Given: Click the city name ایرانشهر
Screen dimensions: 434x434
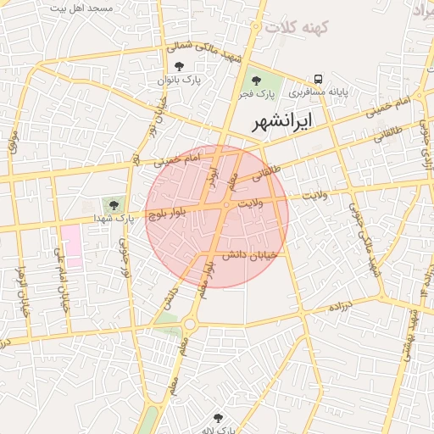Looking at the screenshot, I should (283, 122).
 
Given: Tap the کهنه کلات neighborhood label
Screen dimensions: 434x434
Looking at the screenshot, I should (297, 27).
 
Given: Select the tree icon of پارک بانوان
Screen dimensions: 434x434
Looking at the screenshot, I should (178, 66).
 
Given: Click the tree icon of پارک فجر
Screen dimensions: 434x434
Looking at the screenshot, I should (256, 80).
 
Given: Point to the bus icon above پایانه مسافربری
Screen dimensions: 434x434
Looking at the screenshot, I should (319, 78).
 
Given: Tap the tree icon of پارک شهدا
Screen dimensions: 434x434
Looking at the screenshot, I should (114, 203).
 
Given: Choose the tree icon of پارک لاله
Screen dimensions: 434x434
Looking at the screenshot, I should (219, 418).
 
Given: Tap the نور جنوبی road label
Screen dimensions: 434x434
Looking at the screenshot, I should (125, 259).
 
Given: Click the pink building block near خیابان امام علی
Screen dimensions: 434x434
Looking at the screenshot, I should (71, 247).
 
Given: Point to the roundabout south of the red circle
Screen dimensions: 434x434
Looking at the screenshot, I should (188, 323).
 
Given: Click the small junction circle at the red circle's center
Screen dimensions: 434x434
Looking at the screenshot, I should (227, 206).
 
